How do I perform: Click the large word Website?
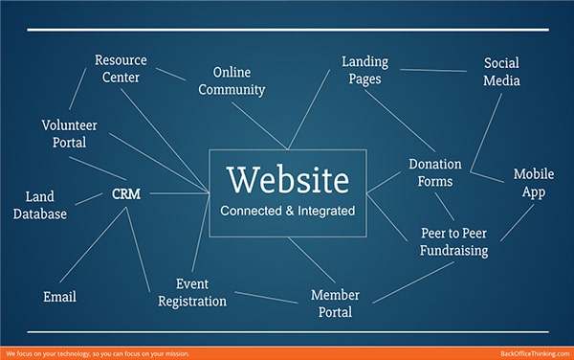tap(288, 179)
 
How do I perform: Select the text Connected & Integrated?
tap(288, 210)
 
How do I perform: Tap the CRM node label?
tap(126, 194)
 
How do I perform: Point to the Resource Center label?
tap(120, 69)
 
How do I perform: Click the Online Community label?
tap(238, 80)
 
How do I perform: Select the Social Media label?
tap(501, 72)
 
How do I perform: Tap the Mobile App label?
tap(534, 183)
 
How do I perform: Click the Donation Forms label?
tap(435, 172)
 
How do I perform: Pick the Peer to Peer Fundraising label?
tap(453, 241)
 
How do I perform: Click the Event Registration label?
tap(201, 292)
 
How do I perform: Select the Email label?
tap(59, 297)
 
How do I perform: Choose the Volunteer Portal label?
tap(63, 133)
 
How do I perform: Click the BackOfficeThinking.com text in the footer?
tap(534, 353)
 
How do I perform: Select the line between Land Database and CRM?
tap(91, 199)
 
